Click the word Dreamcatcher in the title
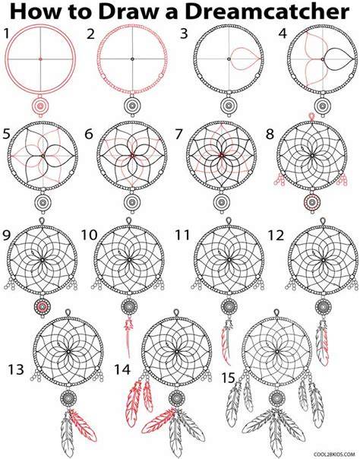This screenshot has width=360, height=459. coord(267,12)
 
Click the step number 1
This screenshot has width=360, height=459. coord(6,33)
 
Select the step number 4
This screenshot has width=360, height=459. coord(283,33)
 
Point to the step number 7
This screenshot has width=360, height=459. coord(179,134)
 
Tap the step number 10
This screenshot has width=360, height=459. coord(89,235)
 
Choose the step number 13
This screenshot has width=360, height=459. coord(16,369)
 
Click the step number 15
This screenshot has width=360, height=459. coord(228,378)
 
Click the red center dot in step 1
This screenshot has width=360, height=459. coord(40,59)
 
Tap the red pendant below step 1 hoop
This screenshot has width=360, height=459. coord(40,106)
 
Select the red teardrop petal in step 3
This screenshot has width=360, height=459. coord(245,59)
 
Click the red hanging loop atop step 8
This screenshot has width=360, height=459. coord(312,117)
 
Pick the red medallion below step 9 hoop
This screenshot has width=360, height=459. coord(43,306)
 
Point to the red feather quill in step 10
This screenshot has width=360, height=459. coord(128,337)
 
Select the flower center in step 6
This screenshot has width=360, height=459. coord(132,155)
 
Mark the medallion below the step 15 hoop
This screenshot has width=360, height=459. coord(276,398)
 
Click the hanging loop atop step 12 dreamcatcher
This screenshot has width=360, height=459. coord(323,221)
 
